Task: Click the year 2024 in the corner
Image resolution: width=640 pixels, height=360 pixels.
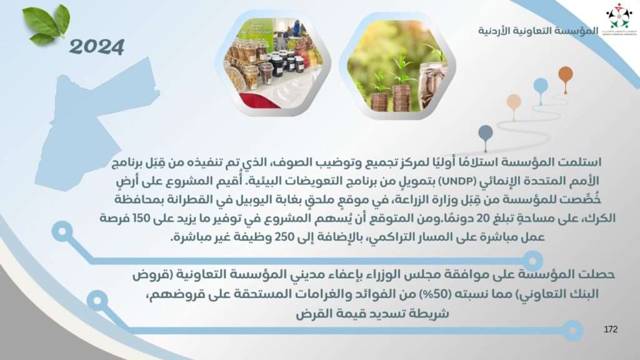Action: click(x=97, y=47)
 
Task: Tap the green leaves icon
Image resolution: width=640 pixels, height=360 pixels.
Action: click(x=46, y=24)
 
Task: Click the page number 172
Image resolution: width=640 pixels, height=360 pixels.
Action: click(x=611, y=329)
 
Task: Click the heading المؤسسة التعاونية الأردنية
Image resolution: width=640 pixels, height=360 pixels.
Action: click(x=538, y=31)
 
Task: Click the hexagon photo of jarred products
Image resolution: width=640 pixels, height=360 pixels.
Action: click(x=273, y=63)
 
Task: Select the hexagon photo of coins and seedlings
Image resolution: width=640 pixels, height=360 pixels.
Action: click(x=397, y=66)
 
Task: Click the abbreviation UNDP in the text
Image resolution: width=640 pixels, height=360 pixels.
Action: click(x=454, y=181)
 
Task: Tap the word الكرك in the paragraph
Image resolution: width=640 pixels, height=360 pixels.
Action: click(x=602, y=218)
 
